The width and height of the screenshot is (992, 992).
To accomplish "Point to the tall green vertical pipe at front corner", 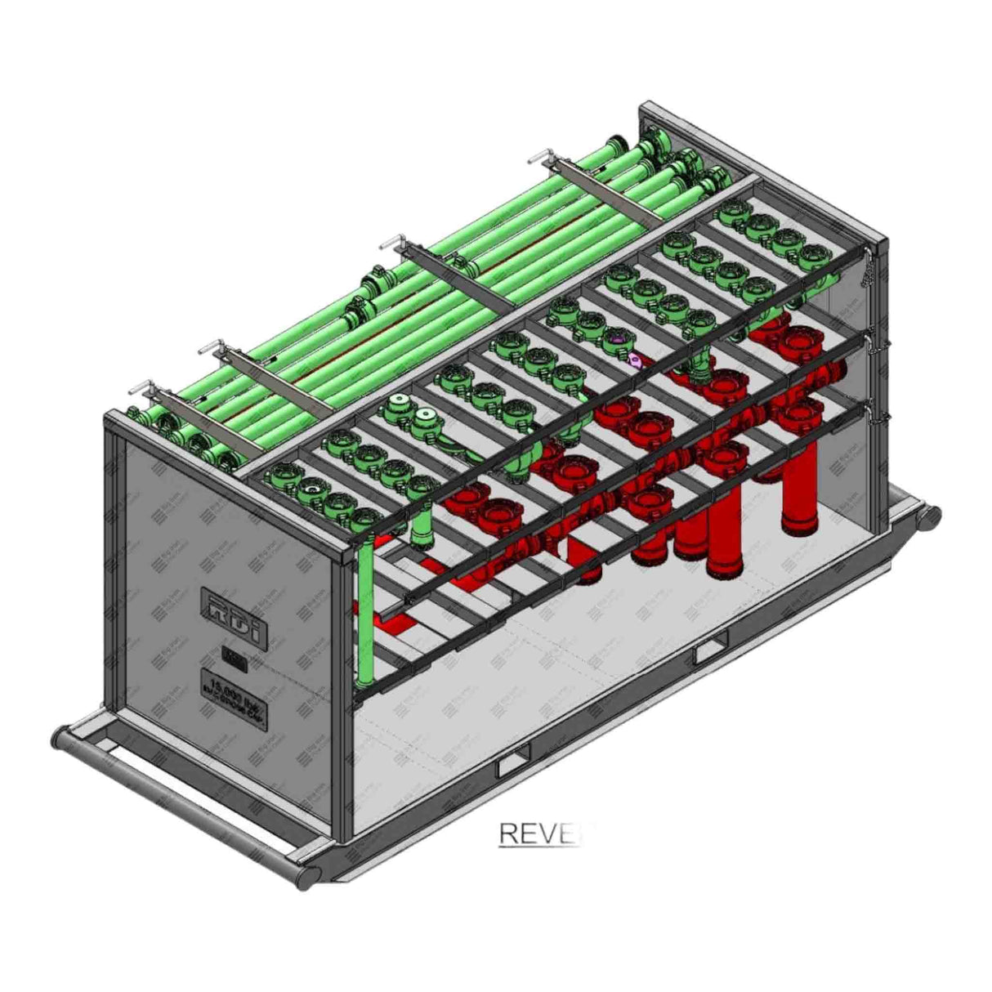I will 366,613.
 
